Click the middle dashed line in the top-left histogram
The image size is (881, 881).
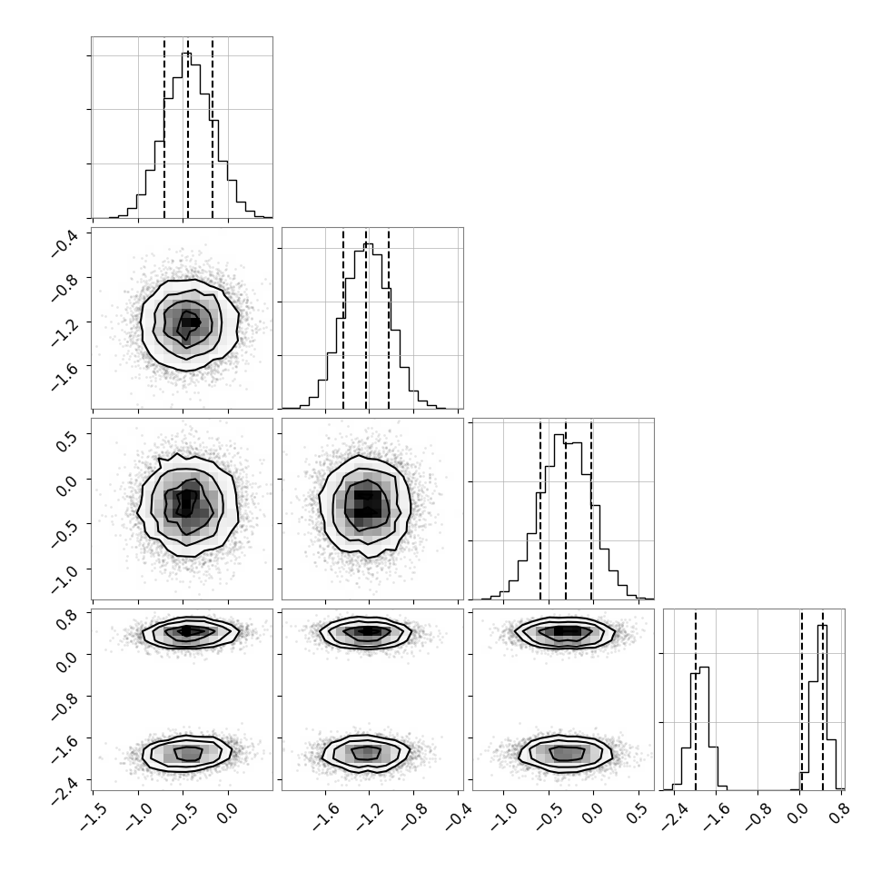188,127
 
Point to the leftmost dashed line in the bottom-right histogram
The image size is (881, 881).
695,699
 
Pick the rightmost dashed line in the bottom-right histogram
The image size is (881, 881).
823,699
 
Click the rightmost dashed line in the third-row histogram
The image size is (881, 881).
591,509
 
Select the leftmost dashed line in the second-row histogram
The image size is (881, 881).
343,319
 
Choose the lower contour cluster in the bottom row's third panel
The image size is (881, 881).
565,752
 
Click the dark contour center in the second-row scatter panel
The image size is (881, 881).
190,322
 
